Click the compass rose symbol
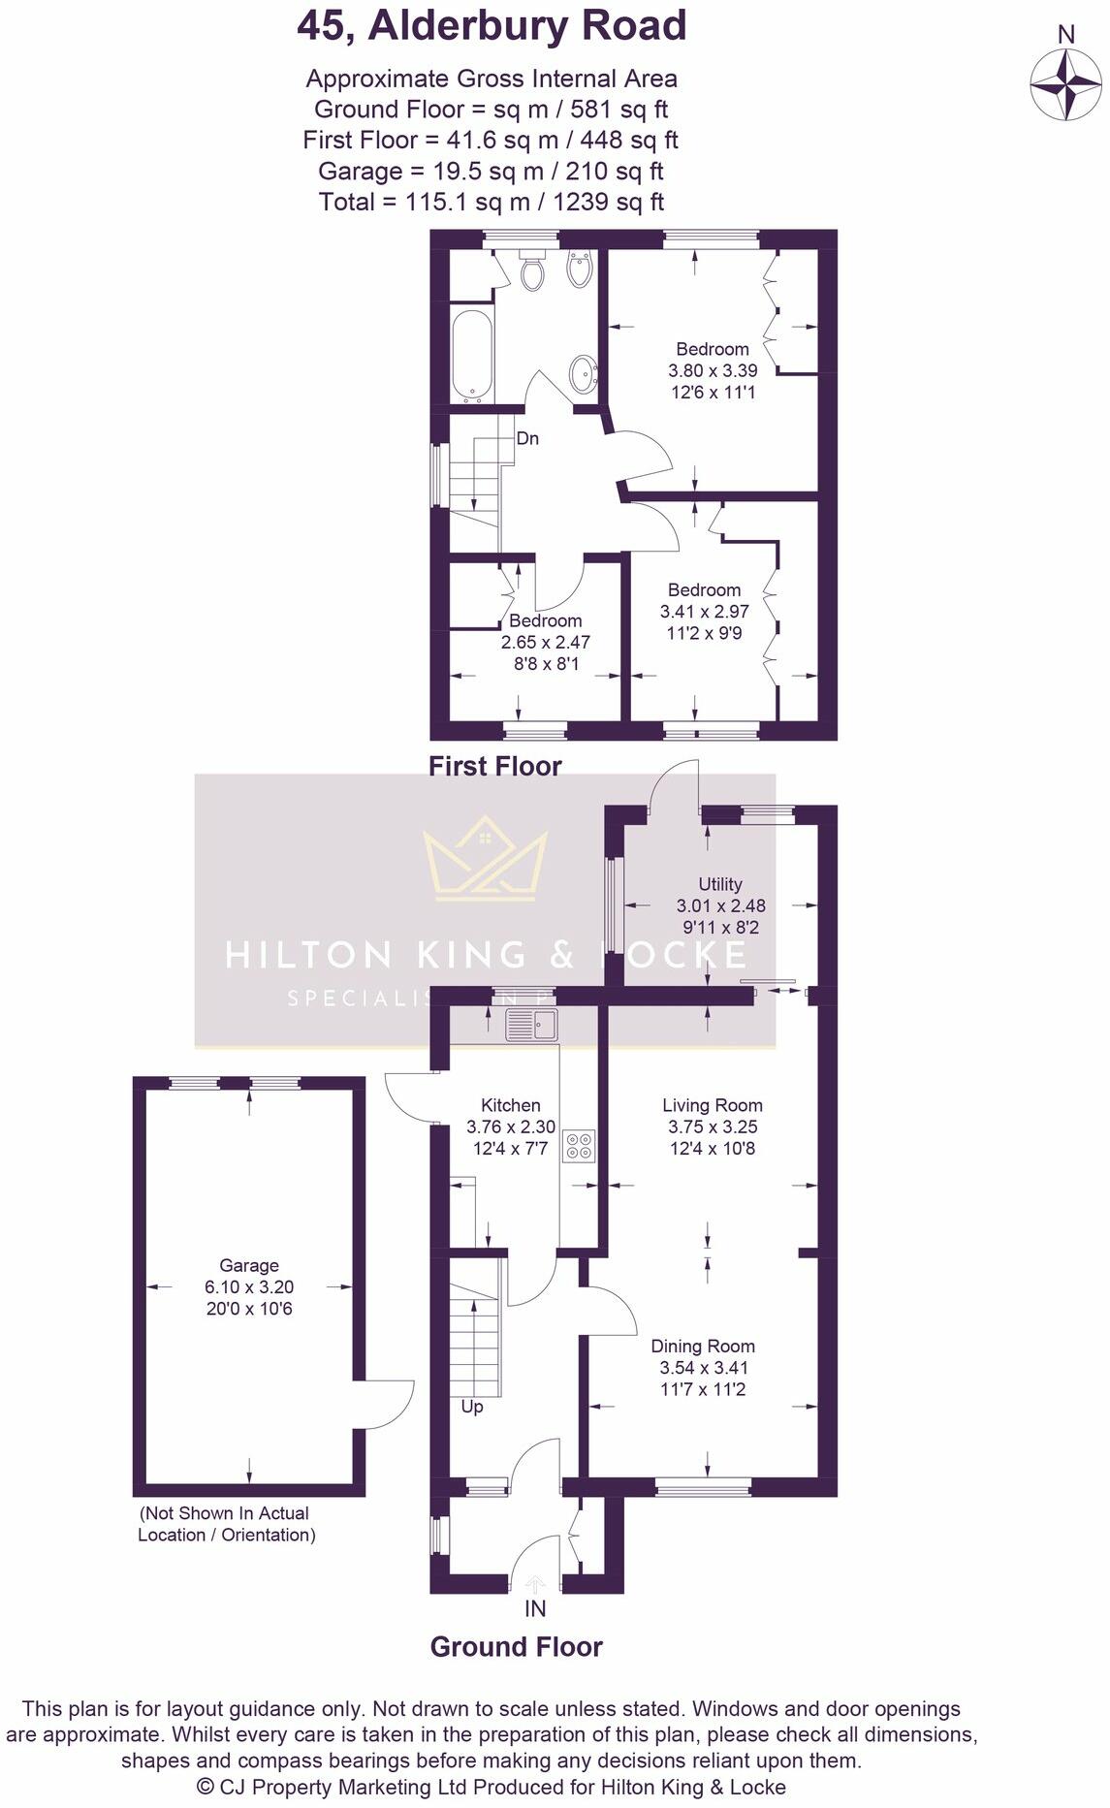[1065, 84]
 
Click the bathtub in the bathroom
[472, 355]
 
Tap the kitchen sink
[531, 1025]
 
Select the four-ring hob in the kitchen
[581, 1145]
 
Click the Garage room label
[249, 1265]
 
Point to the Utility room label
[720, 884]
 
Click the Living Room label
[713, 1105]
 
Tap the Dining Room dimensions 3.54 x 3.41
[704, 1368]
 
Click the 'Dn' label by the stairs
[527, 438]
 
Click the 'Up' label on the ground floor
[472, 1407]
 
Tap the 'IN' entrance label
[535, 1609]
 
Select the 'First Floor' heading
[495, 766]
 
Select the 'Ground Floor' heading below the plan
[517, 1647]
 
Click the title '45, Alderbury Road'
[492, 26]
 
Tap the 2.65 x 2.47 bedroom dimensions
[545, 642]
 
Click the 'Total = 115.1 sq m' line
[491, 202]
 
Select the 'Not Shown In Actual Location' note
[226, 1523]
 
